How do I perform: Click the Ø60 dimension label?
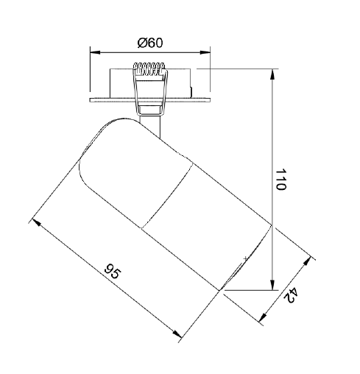point(150,43)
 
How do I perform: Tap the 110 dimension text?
point(280,179)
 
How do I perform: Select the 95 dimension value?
point(113,271)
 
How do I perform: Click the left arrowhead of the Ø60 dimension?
point(95,52)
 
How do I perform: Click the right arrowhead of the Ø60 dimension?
point(205,52)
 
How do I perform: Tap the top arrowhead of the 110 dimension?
point(272,74)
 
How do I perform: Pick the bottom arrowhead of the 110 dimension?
point(272,285)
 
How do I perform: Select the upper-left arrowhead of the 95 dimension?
point(36,222)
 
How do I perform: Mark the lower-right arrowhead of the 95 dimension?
point(177,334)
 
